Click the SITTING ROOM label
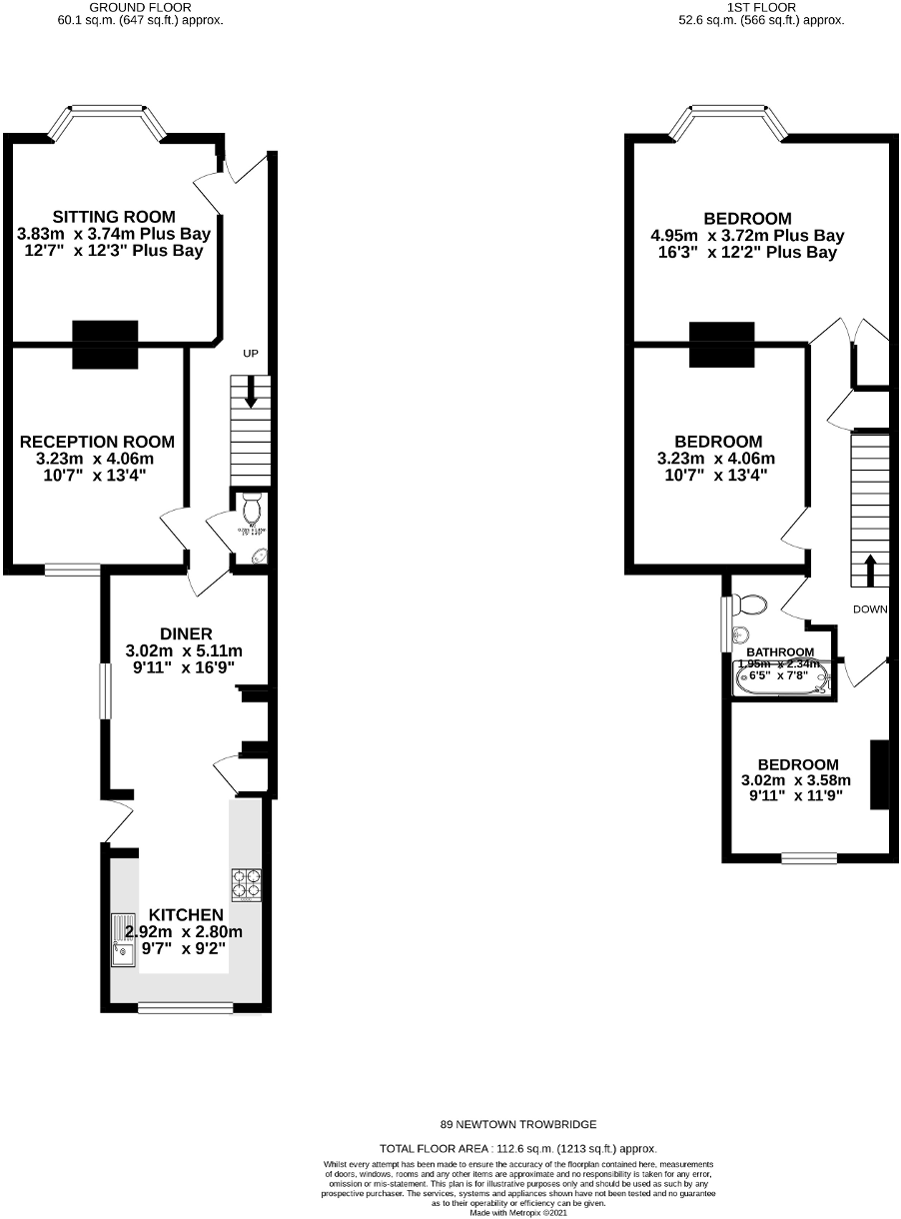pyautogui.click(x=114, y=216)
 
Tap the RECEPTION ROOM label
pyautogui.click(x=98, y=442)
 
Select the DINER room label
pyautogui.click(x=186, y=633)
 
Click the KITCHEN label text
pyautogui.click(x=186, y=915)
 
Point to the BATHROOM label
pyautogui.click(x=780, y=651)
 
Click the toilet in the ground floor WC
pyautogui.click(x=250, y=500)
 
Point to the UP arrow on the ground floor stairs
pyautogui.click(x=250, y=392)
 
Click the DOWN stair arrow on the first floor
pyautogui.click(x=869, y=572)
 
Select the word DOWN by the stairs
pyautogui.click(x=871, y=609)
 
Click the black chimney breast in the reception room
pyautogui.click(x=104, y=346)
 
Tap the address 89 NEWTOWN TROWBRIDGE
pyautogui.click(x=518, y=1124)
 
